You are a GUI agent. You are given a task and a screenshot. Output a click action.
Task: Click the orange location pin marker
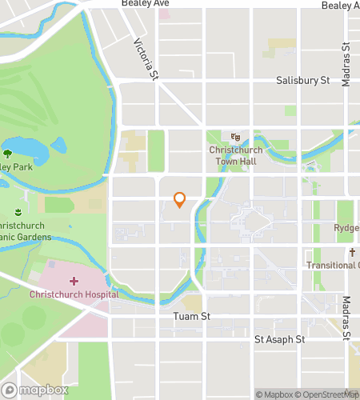(180, 200)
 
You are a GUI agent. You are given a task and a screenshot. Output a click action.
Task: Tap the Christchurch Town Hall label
(235, 155)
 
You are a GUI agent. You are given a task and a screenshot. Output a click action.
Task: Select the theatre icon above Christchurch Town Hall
(235, 137)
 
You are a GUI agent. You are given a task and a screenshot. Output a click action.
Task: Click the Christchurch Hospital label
(74, 294)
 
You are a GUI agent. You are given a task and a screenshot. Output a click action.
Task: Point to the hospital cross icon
(74, 282)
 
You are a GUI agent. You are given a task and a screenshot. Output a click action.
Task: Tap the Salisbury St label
(303, 81)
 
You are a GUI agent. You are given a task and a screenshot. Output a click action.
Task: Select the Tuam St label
(191, 317)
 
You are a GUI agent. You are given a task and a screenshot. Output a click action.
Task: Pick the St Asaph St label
(280, 339)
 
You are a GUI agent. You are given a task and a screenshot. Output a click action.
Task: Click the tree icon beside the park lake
(8, 153)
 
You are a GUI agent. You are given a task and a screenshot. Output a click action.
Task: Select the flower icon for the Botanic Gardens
(18, 212)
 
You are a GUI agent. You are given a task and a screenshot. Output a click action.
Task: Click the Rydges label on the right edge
(346, 228)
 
